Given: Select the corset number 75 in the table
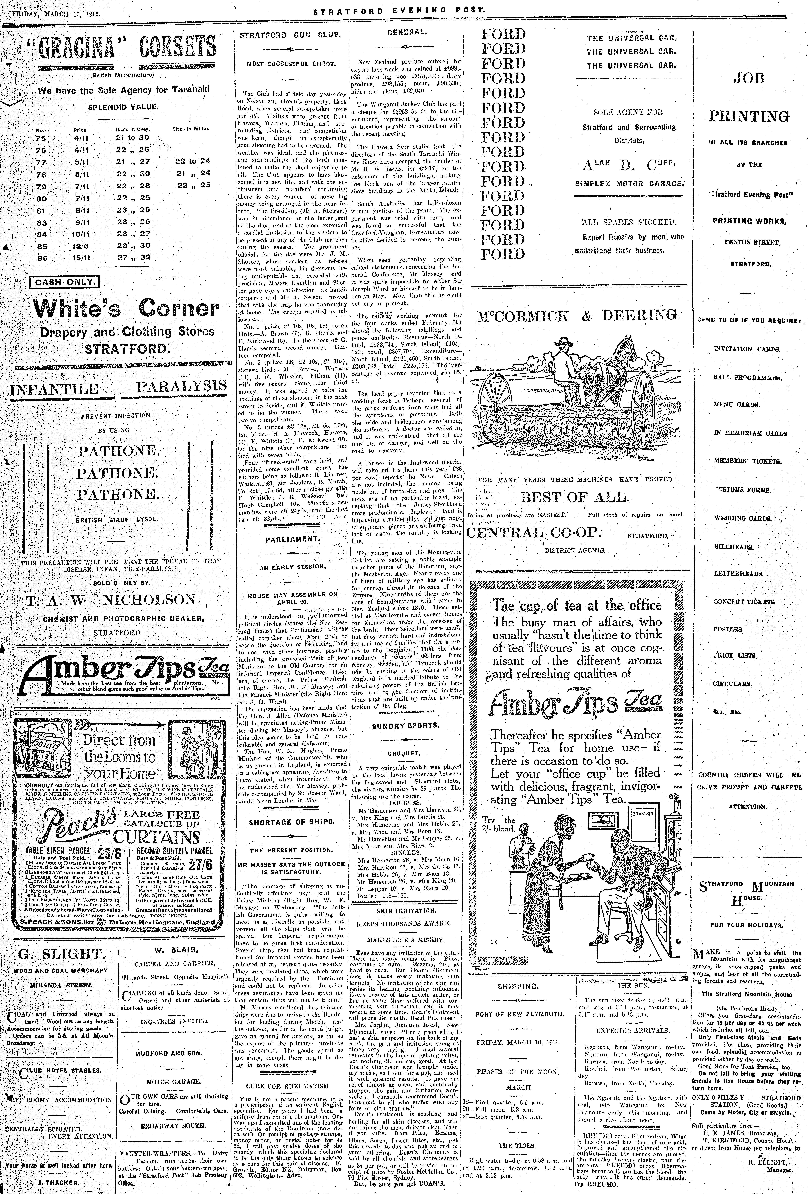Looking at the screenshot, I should tap(41, 138).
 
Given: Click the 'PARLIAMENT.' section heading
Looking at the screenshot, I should tap(293, 539).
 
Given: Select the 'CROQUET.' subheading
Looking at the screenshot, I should tap(403, 753).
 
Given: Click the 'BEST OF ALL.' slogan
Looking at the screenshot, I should tap(574, 497).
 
